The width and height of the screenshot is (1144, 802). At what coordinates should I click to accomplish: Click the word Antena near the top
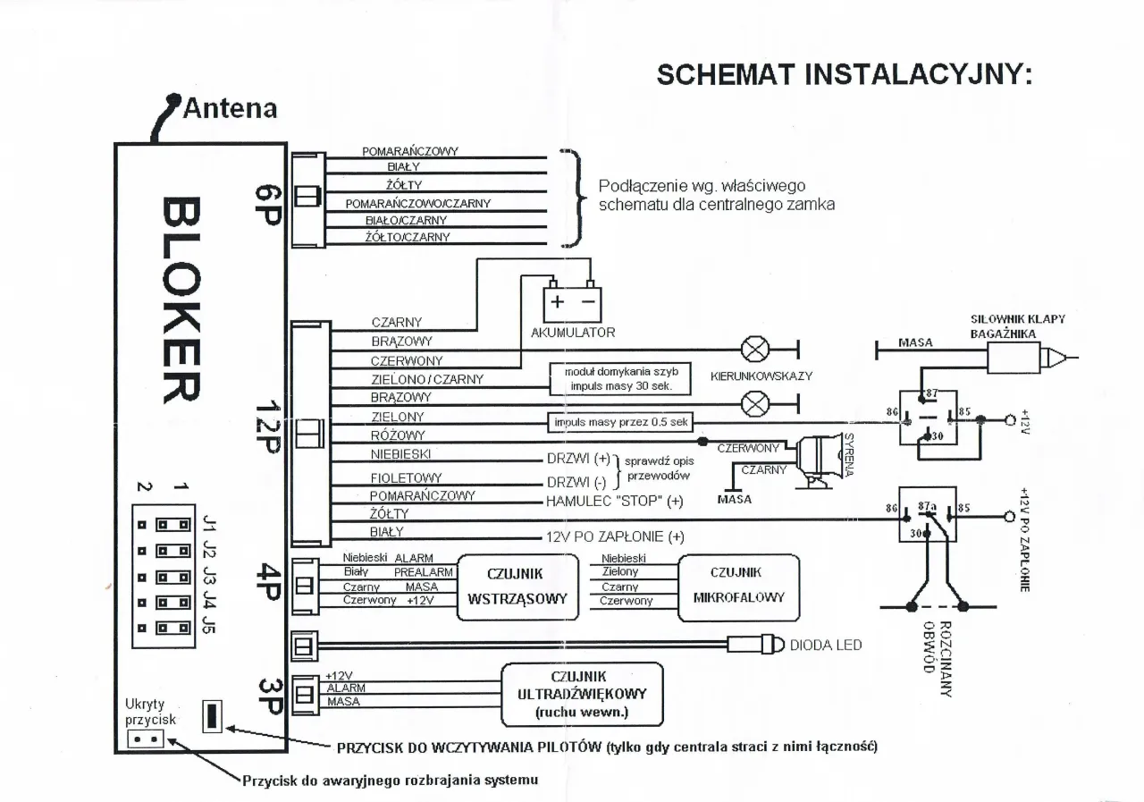click(x=229, y=109)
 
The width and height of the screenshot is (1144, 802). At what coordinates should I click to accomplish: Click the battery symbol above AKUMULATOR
click(x=573, y=302)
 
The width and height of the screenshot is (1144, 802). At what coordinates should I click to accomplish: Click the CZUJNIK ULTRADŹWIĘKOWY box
click(x=582, y=694)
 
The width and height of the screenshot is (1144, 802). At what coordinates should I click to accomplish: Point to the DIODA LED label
click(x=826, y=645)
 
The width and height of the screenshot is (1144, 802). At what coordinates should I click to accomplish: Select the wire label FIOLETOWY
click(x=407, y=478)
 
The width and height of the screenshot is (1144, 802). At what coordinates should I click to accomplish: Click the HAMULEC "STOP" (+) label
click(x=615, y=501)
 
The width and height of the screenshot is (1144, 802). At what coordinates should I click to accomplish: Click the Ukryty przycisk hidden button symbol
click(x=145, y=739)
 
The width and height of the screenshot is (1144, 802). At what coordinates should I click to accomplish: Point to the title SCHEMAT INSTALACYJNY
click(x=845, y=74)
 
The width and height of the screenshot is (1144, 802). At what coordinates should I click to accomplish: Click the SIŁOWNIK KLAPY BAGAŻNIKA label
click(x=1017, y=325)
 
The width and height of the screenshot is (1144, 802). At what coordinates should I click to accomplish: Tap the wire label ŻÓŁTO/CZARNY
click(x=408, y=237)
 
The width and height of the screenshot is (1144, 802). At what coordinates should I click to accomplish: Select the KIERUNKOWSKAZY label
click(x=761, y=376)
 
